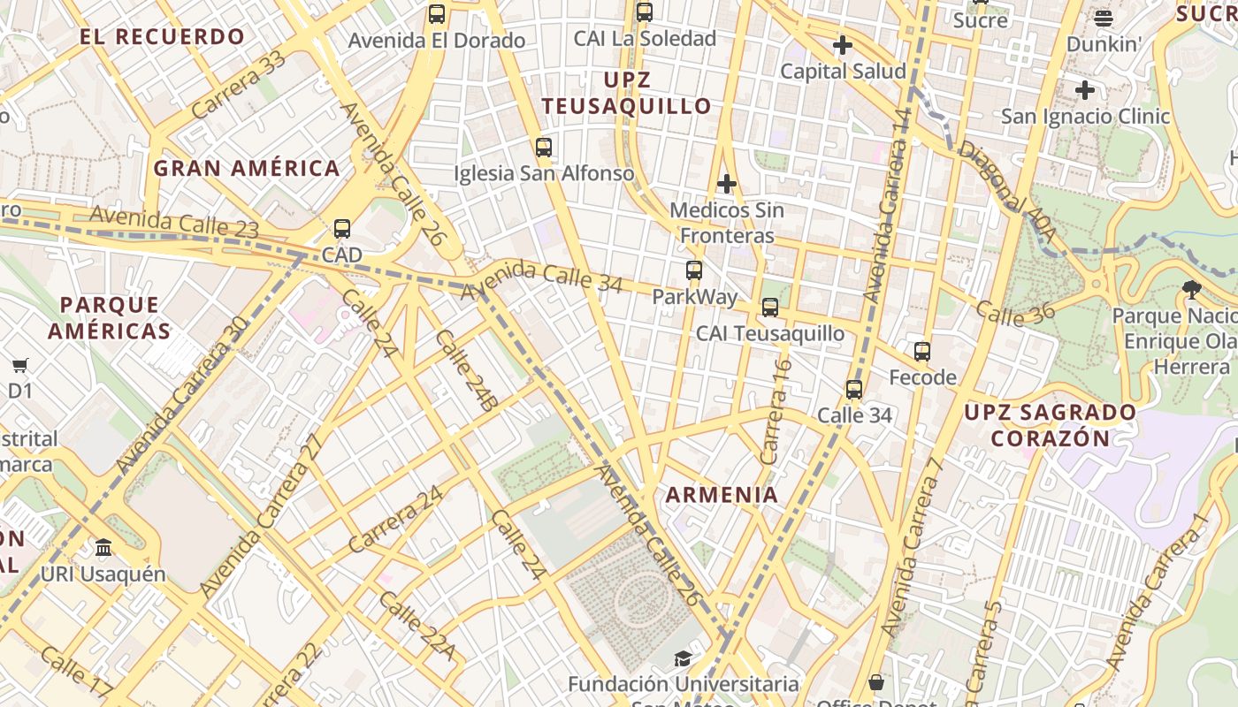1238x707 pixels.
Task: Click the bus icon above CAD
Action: [342, 229]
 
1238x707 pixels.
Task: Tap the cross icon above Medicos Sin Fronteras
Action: [727, 184]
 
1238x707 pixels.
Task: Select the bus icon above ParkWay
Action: [694, 270]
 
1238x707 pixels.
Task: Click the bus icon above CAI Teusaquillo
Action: [770, 308]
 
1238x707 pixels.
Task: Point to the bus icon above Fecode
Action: [922, 352]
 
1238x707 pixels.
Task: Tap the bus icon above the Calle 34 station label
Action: [854, 389]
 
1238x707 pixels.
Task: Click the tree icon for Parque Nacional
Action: [1192, 289]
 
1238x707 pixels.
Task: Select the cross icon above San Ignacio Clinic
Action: [1085, 90]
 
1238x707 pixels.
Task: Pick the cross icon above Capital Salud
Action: [843, 45]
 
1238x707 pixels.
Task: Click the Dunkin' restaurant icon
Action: [1103, 18]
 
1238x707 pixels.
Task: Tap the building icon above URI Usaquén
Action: [103, 548]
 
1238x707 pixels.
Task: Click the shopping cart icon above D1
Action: [19, 365]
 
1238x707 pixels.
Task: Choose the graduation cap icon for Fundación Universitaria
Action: [683, 658]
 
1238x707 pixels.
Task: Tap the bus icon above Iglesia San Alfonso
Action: [544, 148]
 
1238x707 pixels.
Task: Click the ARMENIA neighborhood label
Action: [722, 495]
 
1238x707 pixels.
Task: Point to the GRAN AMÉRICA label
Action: [247, 168]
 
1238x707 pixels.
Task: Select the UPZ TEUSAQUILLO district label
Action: [627, 93]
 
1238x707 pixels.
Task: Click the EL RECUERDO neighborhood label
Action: [163, 37]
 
